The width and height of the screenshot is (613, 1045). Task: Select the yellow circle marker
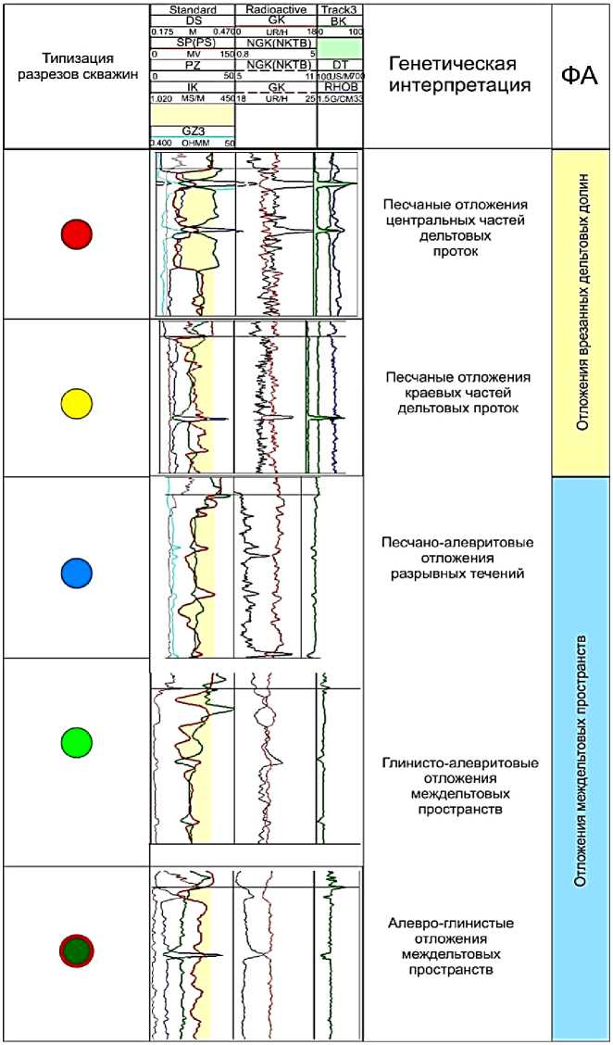[x=76, y=404]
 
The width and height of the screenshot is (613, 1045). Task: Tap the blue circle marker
[x=76, y=574]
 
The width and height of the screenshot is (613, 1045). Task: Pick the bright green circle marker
[x=76, y=743]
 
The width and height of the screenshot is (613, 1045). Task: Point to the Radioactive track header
[x=276, y=9]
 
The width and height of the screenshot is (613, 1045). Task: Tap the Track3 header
[x=340, y=9]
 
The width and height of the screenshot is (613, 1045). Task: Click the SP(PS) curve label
[x=192, y=44]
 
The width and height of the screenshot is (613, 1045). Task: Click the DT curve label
[x=338, y=65]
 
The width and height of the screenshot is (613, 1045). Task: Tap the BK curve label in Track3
[x=338, y=20]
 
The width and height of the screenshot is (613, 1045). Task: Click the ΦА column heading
[x=581, y=74]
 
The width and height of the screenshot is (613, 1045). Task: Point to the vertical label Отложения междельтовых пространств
[x=582, y=760]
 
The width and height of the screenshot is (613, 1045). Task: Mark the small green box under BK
[x=340, y=43]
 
